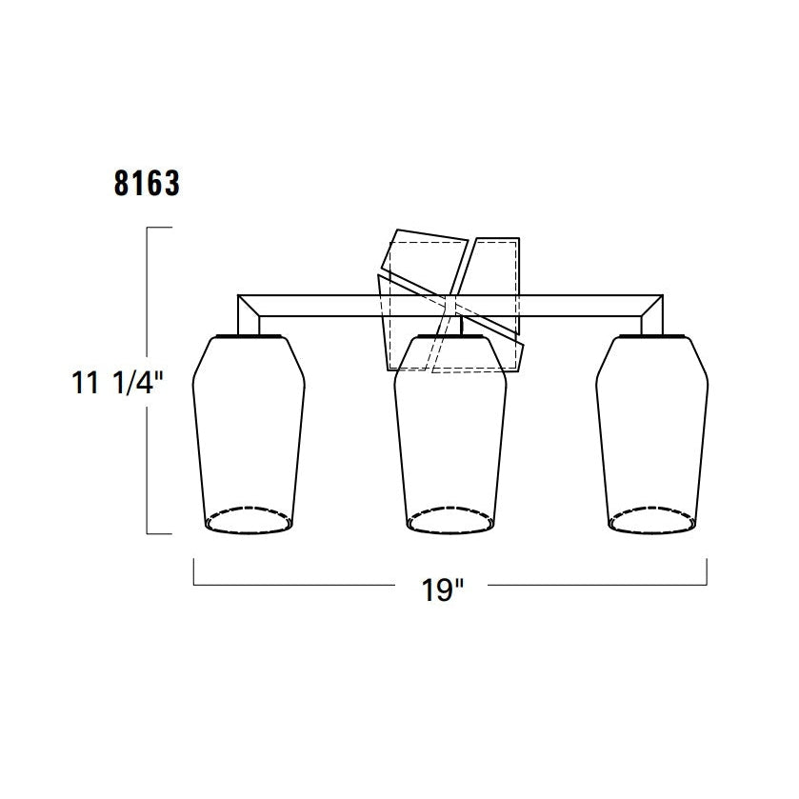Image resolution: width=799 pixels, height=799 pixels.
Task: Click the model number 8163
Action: (147, 183)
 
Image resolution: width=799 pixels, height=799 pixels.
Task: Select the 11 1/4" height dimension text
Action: (117, 382)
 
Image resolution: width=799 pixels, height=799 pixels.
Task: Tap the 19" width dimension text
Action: (442, 590)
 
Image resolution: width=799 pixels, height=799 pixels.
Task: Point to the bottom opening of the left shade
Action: (249, 520)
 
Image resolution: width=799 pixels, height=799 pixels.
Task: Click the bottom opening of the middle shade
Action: (450, 520)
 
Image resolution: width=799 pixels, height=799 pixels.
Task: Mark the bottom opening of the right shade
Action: (651, 520)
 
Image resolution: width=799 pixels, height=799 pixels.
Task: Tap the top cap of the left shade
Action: (249, 336)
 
